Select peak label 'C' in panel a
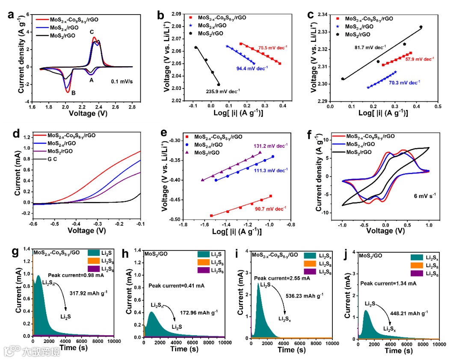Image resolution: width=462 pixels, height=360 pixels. point(92,32)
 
